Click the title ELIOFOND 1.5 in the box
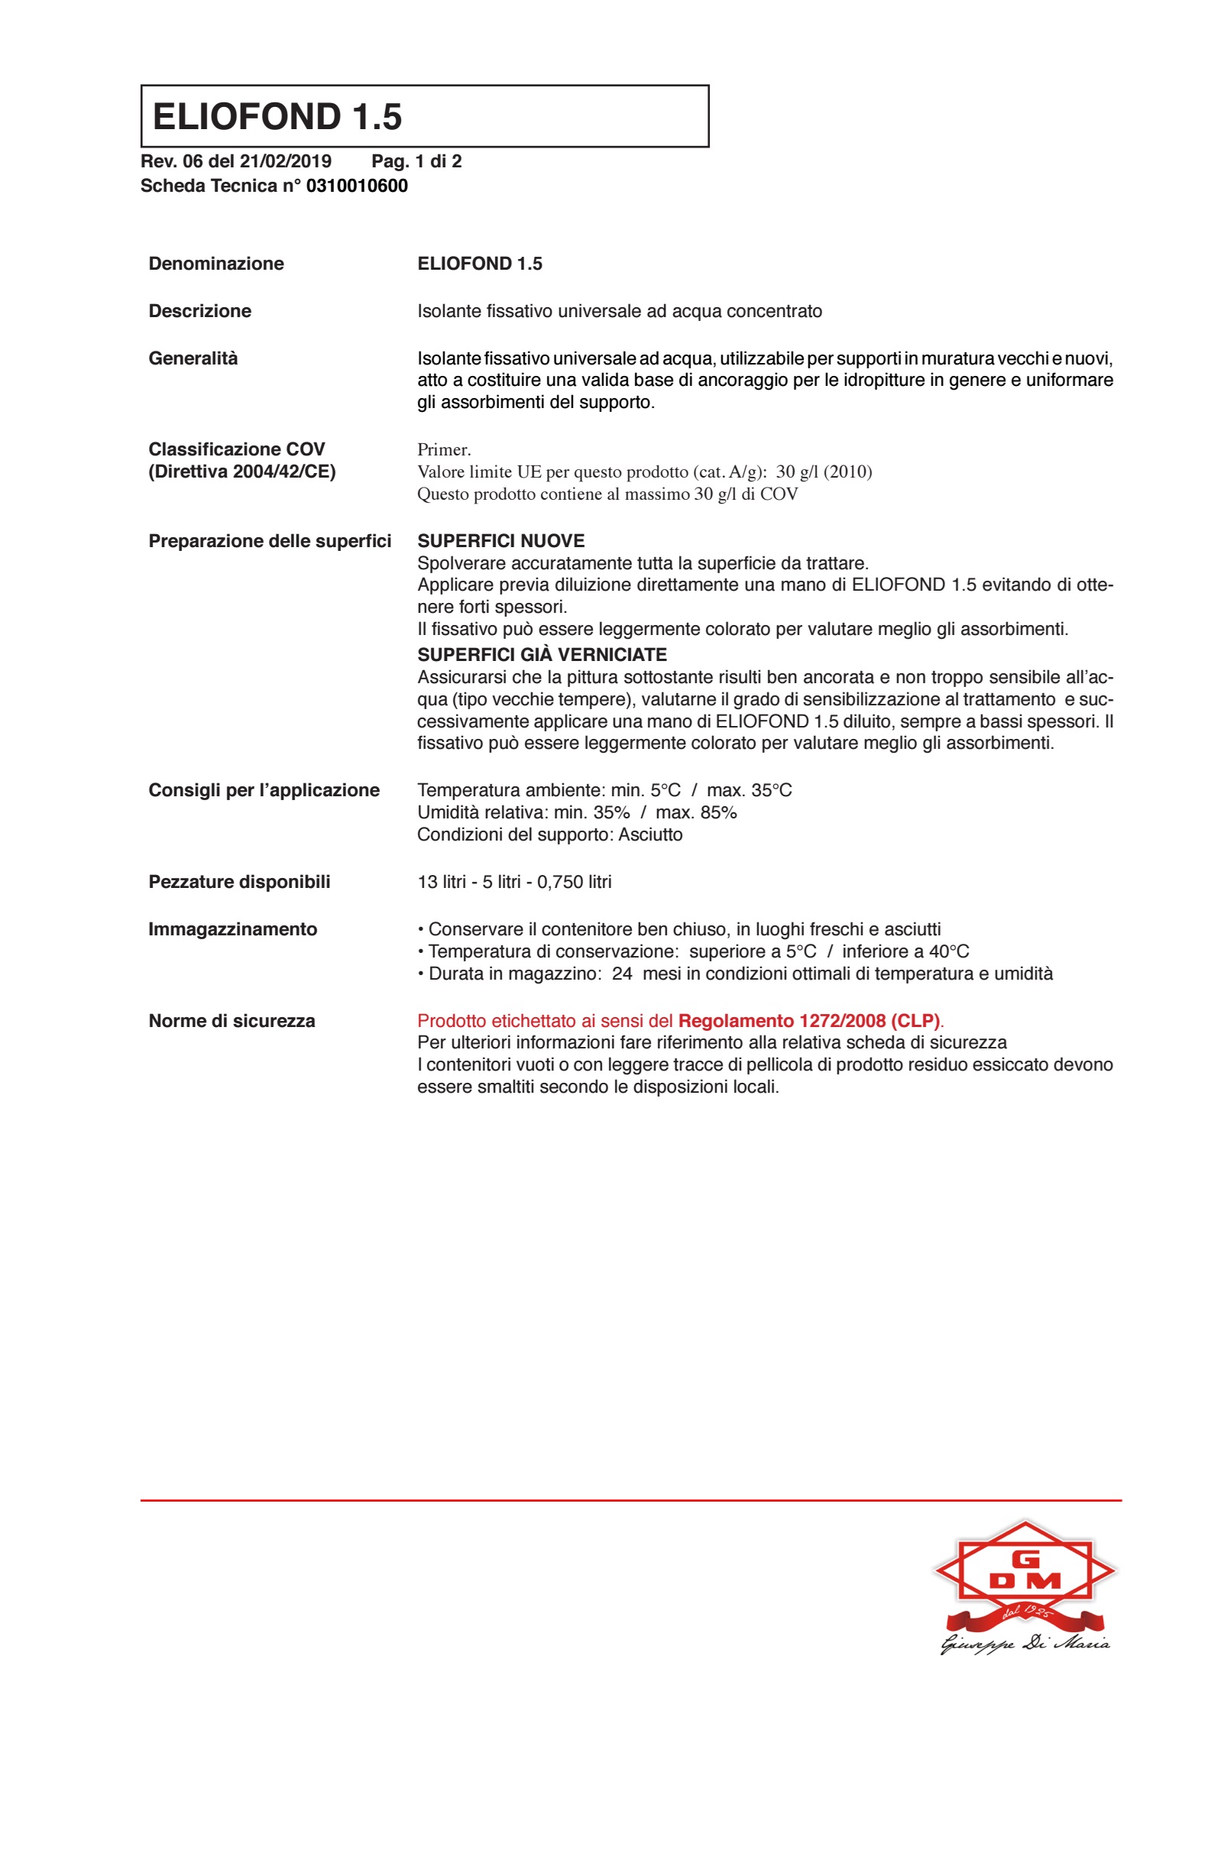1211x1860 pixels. [x=277, y=116]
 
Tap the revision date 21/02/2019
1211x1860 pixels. [x=285, y=162]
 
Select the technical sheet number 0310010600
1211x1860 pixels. [x=356, y=186]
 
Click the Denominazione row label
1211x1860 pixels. [x=215, y=264]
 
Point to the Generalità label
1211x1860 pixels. [x=193, y=358]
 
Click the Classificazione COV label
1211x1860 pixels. [x=236, y=449]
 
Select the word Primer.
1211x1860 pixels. [x=443, y=450]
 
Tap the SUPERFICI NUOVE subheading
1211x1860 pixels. [x=500, y=541]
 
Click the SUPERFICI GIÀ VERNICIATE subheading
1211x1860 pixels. [x=542, y=655]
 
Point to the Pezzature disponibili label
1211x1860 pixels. [x=239, y=882]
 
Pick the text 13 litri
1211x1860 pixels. [x=442, y=882]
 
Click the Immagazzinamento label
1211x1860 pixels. [x=233, y=929]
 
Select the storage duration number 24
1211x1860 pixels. [x=622, y=974]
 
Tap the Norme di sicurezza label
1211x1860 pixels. [x=232, y=1021]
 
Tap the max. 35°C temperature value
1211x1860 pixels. [x=749, y=790]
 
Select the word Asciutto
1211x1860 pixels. [x=650, y=834]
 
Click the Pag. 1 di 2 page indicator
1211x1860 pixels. [x=416, y=162]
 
